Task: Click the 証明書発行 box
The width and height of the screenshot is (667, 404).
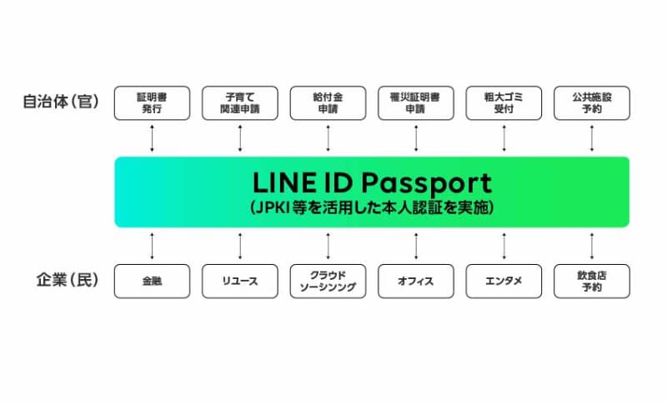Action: coord(152,103)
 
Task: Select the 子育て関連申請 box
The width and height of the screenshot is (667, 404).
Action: coord(240,103)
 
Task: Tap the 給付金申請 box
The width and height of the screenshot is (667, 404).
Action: coord(328,103)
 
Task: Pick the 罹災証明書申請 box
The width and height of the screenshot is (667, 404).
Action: coord(416,103)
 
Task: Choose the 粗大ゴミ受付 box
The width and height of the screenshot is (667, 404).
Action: coord(504,103)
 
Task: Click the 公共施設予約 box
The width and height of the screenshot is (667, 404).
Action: coord(592,103)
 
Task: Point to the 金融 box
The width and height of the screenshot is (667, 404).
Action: coord(152,282)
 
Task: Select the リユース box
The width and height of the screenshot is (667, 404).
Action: coord(240,282)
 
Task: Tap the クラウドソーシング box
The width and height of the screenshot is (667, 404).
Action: coord(328,282)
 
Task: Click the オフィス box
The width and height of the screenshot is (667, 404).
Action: coord(416,282)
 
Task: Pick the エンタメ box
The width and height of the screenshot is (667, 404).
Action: coord(504,282)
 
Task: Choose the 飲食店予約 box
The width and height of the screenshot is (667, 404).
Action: coord(592,282)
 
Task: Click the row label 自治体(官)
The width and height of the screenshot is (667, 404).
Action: coord(61,102)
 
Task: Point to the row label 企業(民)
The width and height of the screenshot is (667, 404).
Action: coord(68,280)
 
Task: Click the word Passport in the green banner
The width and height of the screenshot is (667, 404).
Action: coord(427,184)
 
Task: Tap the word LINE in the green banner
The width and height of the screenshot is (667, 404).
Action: coord(284,182)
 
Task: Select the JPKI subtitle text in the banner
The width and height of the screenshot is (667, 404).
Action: coord(372,207)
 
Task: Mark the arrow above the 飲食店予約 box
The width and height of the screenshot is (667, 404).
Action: coord(592,246)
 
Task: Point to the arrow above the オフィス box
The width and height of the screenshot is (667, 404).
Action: coord(416,246)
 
